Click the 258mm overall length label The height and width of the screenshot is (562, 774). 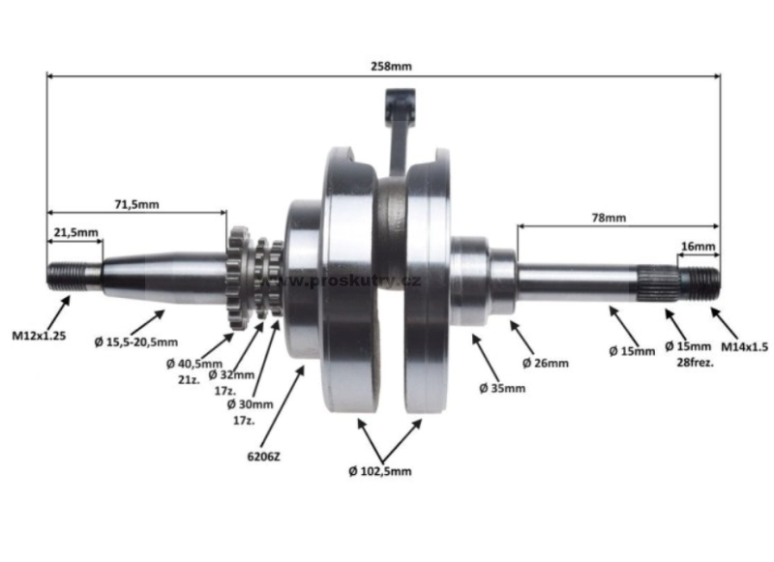coord(391,66)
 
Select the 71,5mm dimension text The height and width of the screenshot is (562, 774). coord(136,204)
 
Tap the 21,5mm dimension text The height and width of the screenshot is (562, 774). coord(76,232)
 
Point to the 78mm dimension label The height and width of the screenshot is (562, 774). coord(609,218)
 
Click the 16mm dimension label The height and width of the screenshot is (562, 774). coord(698,247)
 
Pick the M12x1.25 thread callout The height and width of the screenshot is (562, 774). coord(39,337)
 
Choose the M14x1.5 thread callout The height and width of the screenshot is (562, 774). coord(744,347)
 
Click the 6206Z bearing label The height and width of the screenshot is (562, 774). coord(263,457)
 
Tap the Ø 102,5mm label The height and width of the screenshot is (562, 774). coord(380,471)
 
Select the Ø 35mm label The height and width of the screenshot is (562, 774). coord(502,388)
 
